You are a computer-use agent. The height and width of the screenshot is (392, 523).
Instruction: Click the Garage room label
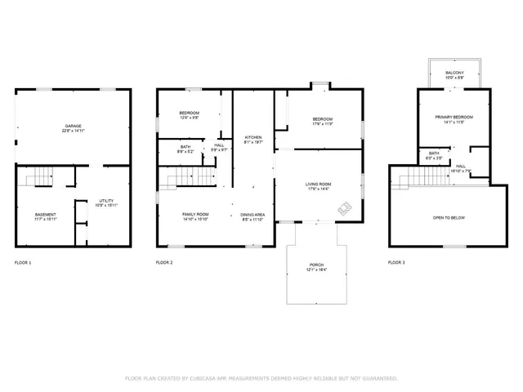[73, 127]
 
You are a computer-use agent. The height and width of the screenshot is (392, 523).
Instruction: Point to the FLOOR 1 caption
[23, 262]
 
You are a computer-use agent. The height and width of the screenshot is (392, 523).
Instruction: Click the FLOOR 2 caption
[164, 262]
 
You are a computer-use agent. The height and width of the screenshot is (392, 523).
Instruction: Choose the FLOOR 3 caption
[396, 262]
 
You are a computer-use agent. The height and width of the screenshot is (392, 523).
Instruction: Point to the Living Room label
[317, 185]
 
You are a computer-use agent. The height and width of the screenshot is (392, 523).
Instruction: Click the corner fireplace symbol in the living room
[345, 209]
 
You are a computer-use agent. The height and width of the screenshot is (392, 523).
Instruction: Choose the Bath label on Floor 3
[434, 154]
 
